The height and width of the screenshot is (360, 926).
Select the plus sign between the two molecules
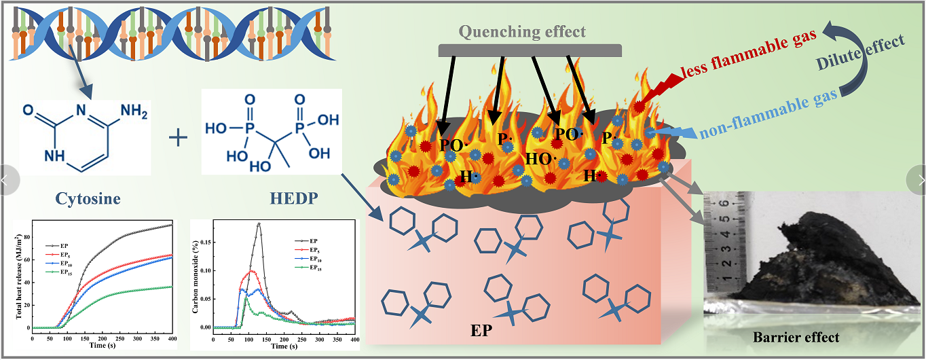click(x=178, y=138)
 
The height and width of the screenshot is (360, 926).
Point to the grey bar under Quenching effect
click(x=530, y=50)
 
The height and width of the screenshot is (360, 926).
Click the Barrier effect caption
click(x=796, y=338)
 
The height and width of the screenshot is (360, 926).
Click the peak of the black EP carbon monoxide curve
click(x=259, y=223)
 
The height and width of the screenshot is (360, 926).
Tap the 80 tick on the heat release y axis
click(x=27, y=237)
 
